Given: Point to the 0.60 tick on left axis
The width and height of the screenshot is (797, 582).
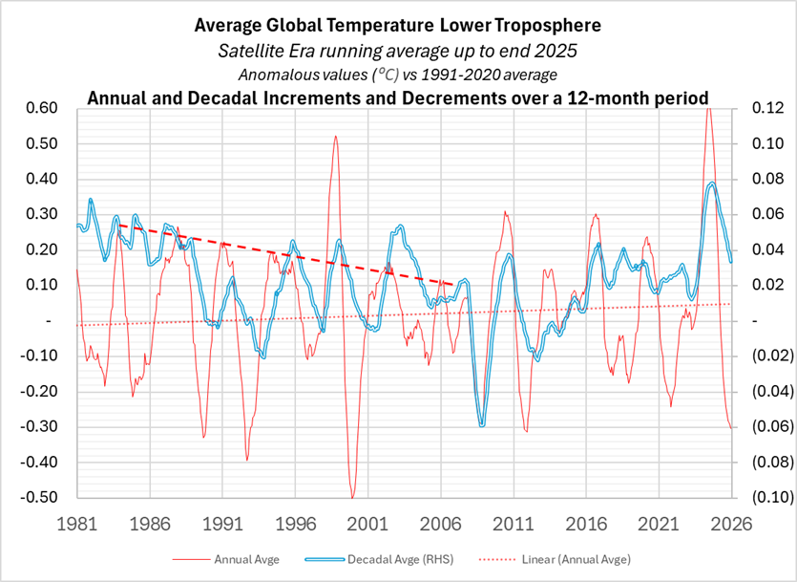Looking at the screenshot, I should (43, 108).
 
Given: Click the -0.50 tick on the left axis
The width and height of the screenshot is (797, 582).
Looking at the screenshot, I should (41, 497).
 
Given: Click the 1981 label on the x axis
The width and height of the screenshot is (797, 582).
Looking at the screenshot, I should (77, 524).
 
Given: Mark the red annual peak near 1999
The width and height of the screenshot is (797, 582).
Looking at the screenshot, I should (336, 136).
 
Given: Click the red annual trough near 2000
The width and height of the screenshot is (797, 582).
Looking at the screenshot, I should (352, 497).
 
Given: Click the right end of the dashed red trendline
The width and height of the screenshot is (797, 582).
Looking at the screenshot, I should (452, 284).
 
